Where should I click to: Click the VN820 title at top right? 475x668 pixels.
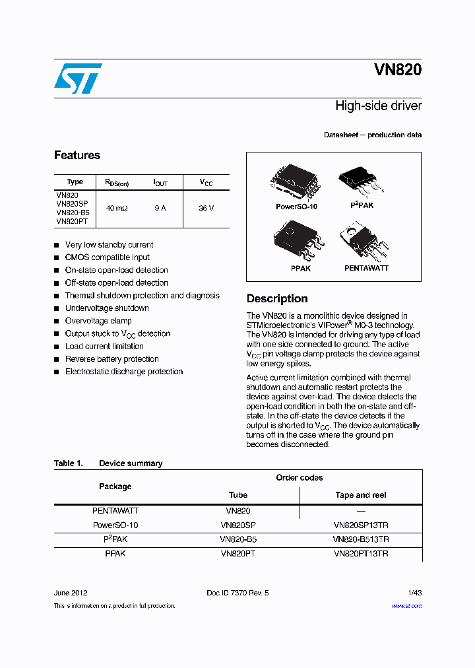point(397,70)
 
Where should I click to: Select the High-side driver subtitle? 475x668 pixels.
point(378,106)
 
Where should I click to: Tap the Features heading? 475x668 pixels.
point(77,155)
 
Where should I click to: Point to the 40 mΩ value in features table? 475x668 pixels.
point(117,208)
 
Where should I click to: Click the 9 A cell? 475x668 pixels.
point(160,208)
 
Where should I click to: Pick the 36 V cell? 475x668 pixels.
point(206,208)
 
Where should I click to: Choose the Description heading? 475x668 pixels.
point(277,298)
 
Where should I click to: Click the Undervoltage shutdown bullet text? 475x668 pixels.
point(107,308)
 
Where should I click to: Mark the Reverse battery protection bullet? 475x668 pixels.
point(111,359)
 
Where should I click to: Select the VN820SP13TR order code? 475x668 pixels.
point(361,525)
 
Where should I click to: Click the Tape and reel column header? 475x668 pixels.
point(361,495)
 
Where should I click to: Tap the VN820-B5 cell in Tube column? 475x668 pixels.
point(238,539)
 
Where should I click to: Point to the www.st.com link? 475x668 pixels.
point(406,606)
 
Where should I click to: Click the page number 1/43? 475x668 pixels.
point(414,593)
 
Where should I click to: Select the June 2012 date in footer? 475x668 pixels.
point(71,593)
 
